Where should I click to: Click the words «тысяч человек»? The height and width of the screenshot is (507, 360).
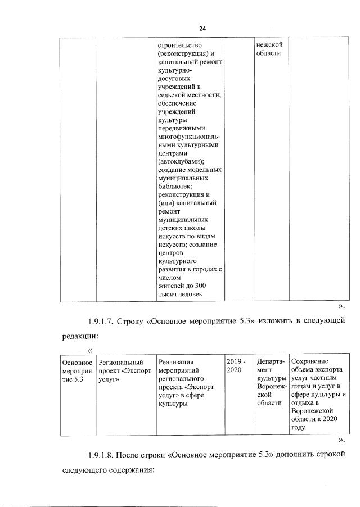point(180,294)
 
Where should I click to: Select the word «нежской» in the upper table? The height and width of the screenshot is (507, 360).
point(269,44)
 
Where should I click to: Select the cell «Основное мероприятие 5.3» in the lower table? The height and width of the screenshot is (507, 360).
point(76,370)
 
